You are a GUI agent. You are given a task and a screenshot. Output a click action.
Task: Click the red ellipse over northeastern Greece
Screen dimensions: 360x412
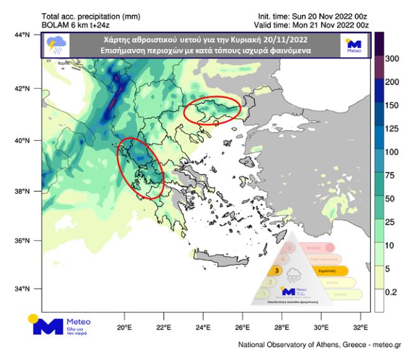pos(213,110)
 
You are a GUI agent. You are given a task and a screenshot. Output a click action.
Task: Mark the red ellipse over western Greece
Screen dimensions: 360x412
pos(141,167)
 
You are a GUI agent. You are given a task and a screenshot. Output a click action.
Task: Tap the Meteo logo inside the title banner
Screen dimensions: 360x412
pos(354,45)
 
